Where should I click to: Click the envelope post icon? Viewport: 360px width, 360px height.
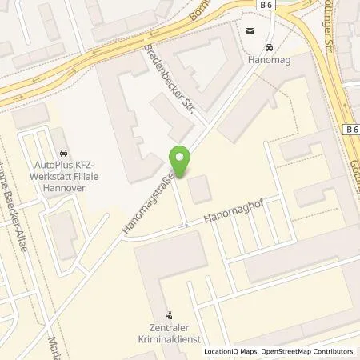click(x=250, y=32)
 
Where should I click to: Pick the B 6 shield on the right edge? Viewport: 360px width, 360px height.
click(x=351, y=129)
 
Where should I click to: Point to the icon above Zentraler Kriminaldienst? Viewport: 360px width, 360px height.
click(x=168, y=315)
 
